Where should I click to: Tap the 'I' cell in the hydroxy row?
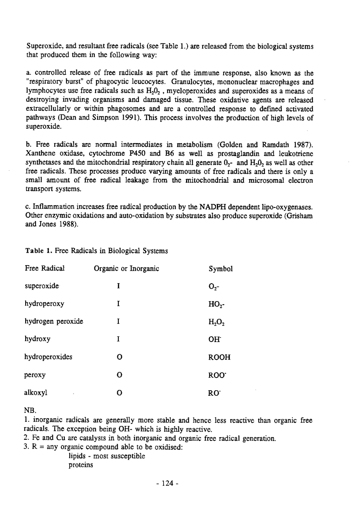(x=119, y=339)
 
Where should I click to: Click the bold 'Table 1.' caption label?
(x=37, y=251)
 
